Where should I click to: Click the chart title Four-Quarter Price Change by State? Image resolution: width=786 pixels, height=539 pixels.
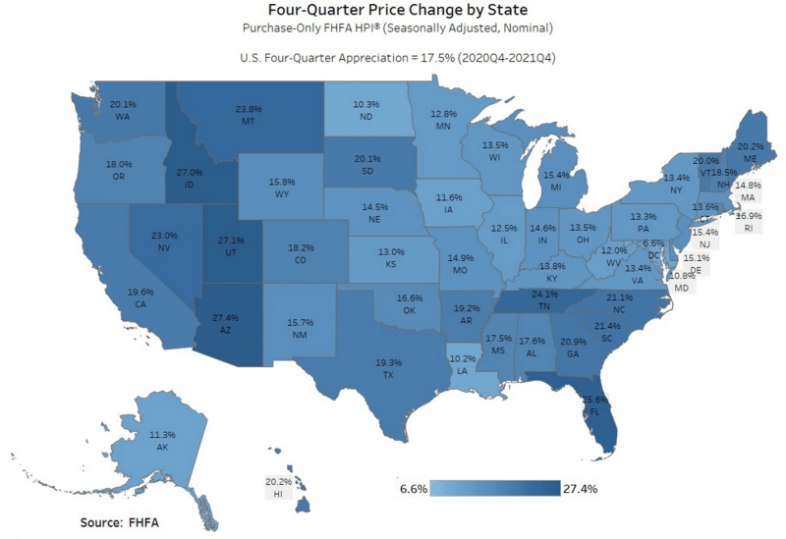[392, 11]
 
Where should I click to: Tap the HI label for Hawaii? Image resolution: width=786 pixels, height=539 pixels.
[279, 496]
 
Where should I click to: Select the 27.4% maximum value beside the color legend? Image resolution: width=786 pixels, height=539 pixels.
[580, 487]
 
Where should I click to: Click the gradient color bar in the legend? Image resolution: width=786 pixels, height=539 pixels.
[497, 487]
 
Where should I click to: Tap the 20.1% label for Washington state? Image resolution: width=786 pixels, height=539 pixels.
[124, 103]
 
